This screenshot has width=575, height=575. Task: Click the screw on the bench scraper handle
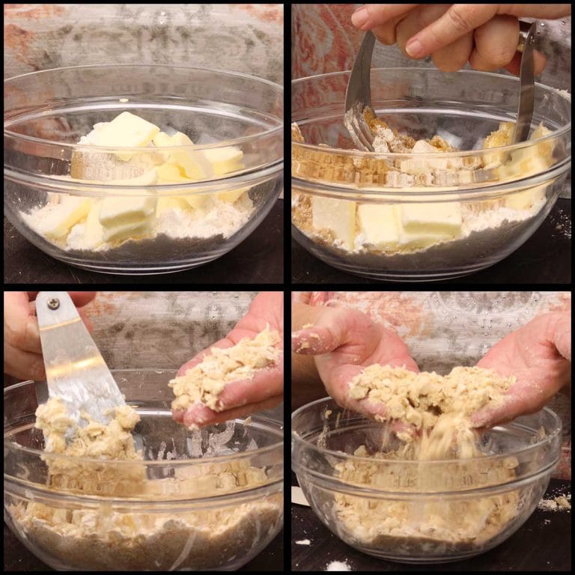click(54, 303)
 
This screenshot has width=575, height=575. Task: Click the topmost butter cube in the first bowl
click(126, 130)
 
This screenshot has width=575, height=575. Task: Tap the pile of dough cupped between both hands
click(427, 397)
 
